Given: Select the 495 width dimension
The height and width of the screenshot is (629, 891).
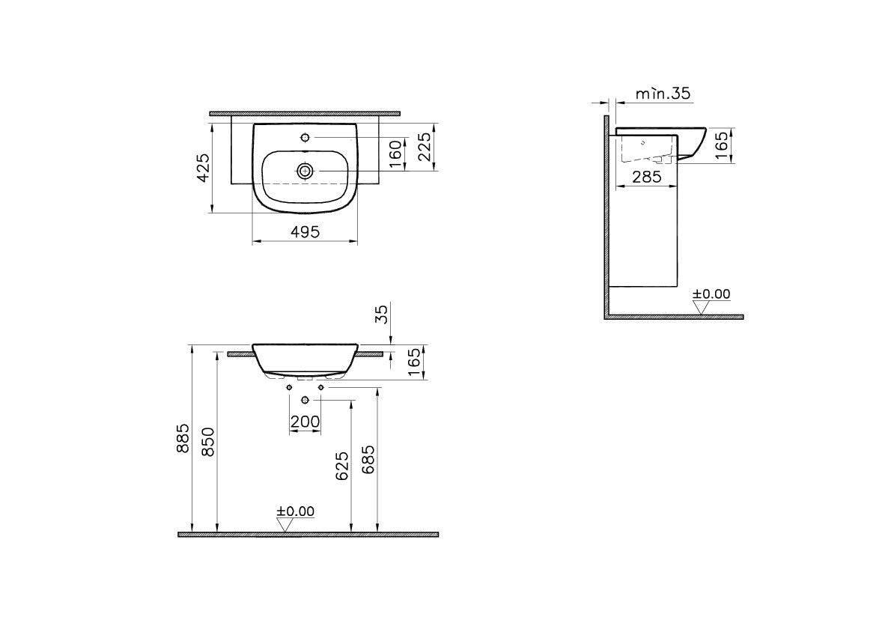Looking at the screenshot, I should [305, 232].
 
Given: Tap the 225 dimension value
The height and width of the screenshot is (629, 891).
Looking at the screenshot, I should [424, 148].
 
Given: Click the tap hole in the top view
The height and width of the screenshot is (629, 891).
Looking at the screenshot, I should [305, 138].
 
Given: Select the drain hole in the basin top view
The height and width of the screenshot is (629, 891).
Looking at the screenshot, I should [305, 171].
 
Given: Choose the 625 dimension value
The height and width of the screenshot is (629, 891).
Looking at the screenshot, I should [341, 467].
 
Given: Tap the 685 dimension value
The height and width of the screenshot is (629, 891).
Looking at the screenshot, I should [368, 459].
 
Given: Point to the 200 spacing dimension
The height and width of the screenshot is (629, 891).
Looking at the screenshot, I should [305, 422].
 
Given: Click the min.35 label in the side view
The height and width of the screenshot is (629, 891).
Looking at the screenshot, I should [662, 94].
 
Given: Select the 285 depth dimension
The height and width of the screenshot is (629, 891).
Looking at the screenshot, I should [645, 177].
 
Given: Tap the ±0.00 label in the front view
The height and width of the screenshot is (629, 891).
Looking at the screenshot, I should [296, 511].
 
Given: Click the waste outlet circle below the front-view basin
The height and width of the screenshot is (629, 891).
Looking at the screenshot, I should [305, 399].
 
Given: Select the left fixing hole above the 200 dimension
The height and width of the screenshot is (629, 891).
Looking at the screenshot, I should [290, 387].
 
